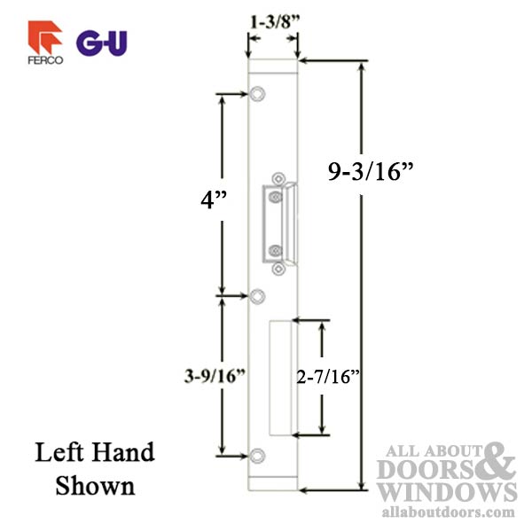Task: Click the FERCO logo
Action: (x=44, y=44)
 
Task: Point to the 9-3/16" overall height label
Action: (x=371, y=172)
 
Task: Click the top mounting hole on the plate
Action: (x=257, y=93)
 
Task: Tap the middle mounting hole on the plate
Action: (x=257, y=295)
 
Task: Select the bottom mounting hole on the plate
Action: (x=257, y=457)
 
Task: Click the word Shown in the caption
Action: (x=95, y=486)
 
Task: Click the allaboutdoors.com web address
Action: (x=449, y=512)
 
